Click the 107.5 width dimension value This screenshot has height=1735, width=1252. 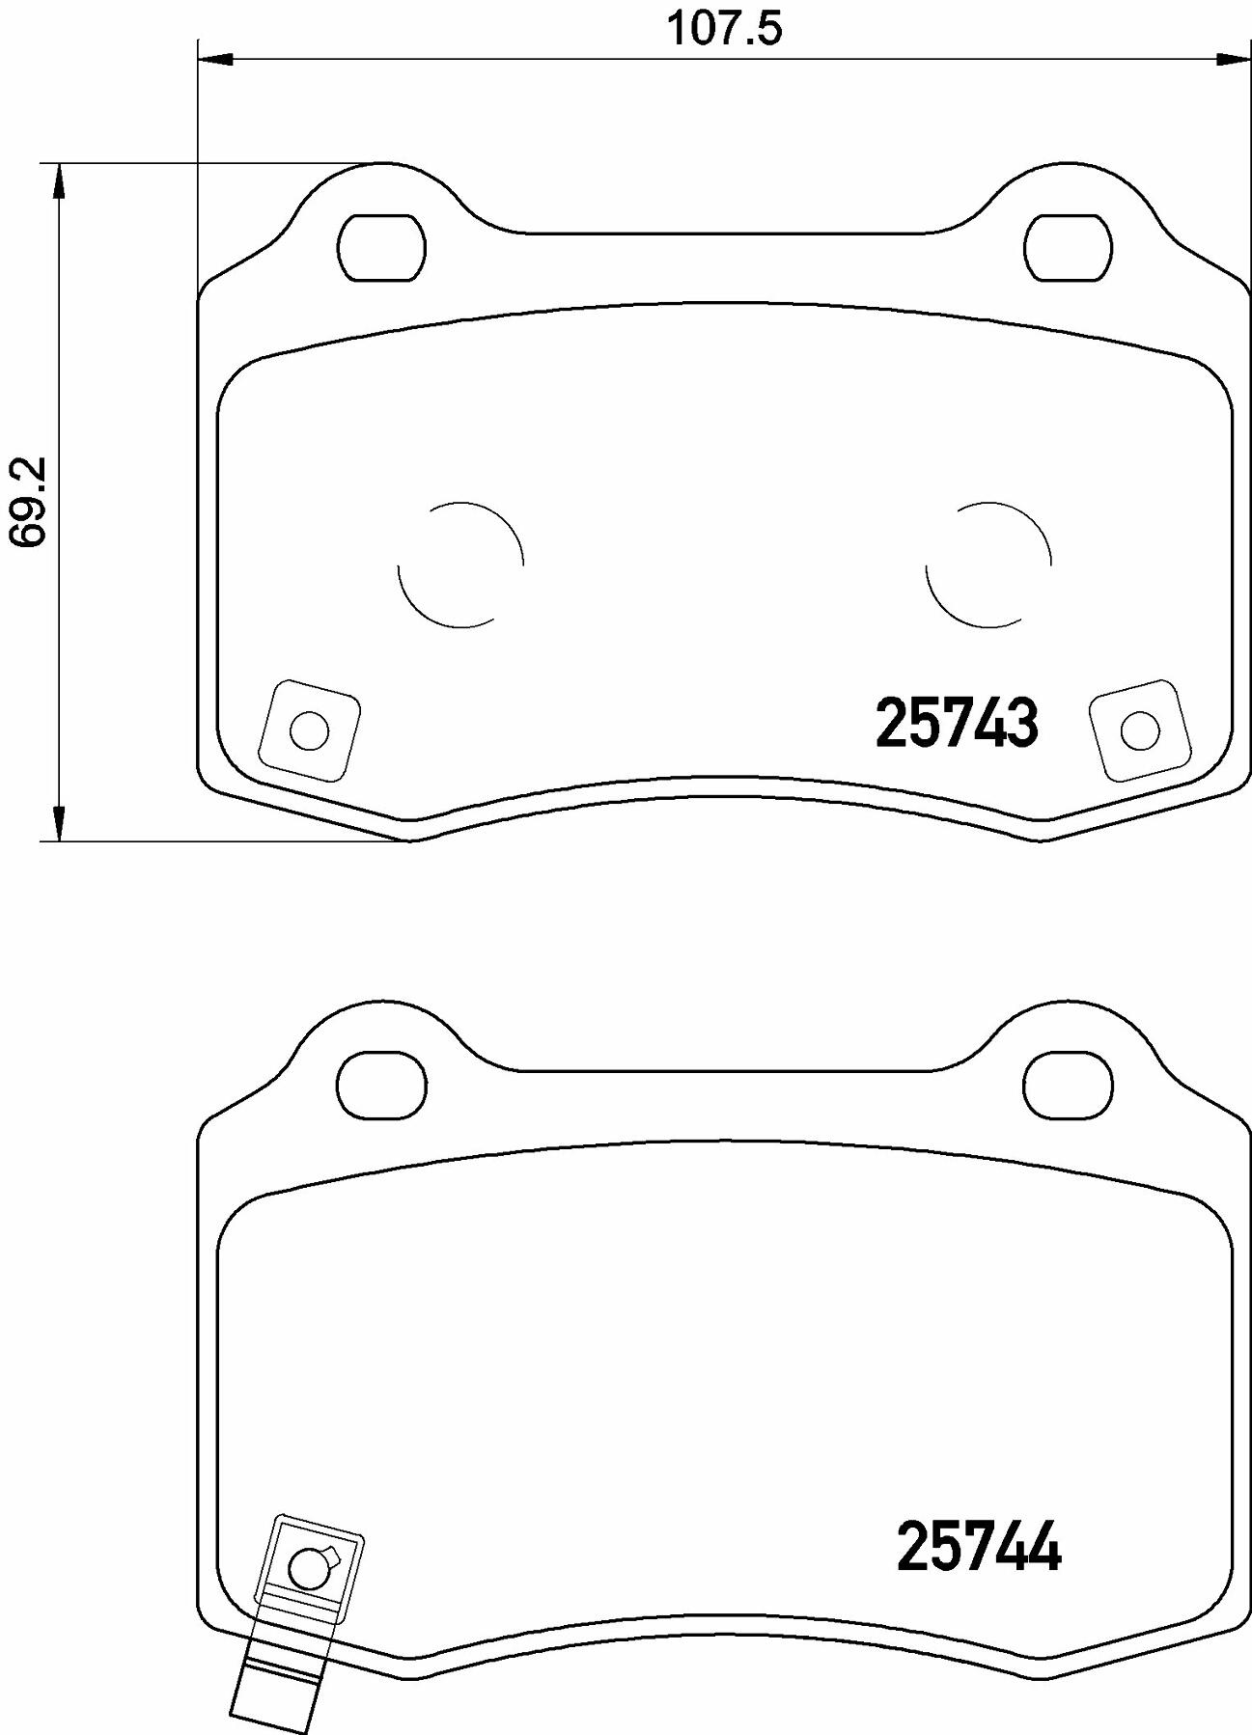pos(725,29)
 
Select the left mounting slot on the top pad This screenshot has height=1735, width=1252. pos(382,248)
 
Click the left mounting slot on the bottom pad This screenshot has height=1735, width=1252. pos(382,1086)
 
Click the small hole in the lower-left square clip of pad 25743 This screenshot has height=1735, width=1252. pos(309,731)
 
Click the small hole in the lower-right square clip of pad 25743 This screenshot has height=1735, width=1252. pos(1139,730)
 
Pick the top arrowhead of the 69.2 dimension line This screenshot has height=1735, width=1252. pos(59,179)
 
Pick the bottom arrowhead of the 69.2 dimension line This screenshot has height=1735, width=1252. pos(59,824)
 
